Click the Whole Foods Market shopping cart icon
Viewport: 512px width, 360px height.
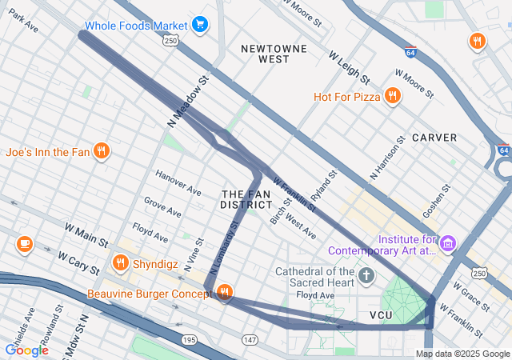[x=200, y=25]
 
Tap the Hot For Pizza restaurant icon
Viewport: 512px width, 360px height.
[x=392, y=97]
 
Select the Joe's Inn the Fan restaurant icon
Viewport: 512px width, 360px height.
[x=101, y=151]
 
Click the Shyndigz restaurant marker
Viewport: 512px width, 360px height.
[x=121, y=262]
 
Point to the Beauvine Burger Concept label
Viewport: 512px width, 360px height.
[x=148, y=294]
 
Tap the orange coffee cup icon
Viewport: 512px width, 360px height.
[x=24, y=243]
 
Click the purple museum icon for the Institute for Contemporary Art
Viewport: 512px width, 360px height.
[x=448, y=242]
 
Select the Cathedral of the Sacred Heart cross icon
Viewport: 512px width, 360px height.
[x=366, y=277]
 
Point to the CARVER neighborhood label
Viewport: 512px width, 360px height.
[x=434, y=138]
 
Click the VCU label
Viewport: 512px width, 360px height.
[x=382, y=315]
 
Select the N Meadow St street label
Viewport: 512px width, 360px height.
[x=188, y=102]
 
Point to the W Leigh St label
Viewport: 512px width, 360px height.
[x=349, y=69]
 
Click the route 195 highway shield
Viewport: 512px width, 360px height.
[x=190, y=340]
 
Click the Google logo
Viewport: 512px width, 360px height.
[x=26, y=350]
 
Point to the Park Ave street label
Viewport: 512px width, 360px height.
[x=23, y=22]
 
